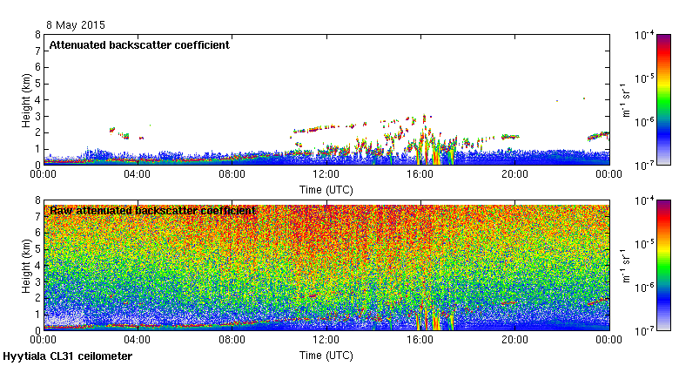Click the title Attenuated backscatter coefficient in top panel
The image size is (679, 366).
click(139, 45)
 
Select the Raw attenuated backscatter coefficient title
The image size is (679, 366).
click(152, 211)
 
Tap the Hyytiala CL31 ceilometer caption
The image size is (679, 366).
click(68, 356)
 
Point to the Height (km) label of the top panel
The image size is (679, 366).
click(27, 99)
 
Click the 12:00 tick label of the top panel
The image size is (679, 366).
click(326, 174)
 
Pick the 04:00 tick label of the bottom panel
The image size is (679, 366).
click(138, 341)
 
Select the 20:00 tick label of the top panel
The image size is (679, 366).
click(514, 174)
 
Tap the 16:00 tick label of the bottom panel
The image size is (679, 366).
click(420, 341)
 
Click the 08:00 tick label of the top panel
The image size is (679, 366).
click(232, 174)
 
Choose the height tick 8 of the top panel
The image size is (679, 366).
click(37, 35)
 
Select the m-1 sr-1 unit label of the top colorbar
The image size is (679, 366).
click(625, 99)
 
